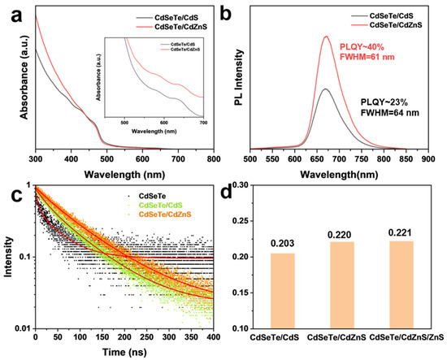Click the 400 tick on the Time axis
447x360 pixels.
(213, 336)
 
